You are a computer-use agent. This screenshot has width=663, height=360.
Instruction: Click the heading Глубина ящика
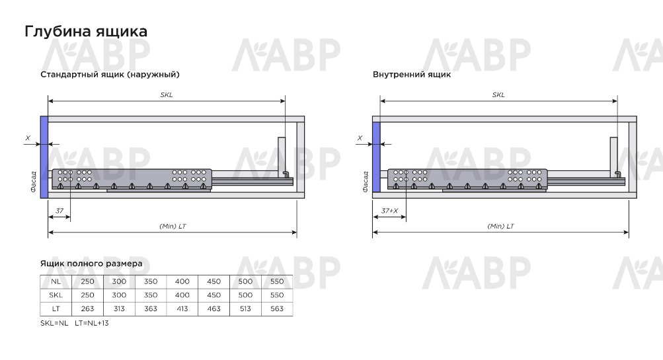[x=86, y=32]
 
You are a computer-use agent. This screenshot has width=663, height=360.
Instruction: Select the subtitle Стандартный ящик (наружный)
[x=110, y=75]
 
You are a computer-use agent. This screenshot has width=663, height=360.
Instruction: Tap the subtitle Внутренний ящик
[x=412, y=75]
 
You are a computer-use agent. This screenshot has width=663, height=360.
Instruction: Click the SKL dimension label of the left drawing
[x=167, y=95]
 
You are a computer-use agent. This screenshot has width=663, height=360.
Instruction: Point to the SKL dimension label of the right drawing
[x=498, y=95]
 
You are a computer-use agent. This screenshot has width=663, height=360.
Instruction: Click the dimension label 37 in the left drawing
[x=59, y=211]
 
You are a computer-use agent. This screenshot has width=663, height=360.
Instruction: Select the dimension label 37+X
[x=389, y=211]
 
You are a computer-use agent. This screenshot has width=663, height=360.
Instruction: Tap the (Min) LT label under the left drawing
[x=173, y=227]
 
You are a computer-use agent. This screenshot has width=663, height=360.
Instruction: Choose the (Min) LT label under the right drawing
[x=500, y=227]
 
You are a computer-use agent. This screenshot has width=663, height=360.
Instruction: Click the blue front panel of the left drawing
[x=44, y=157]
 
